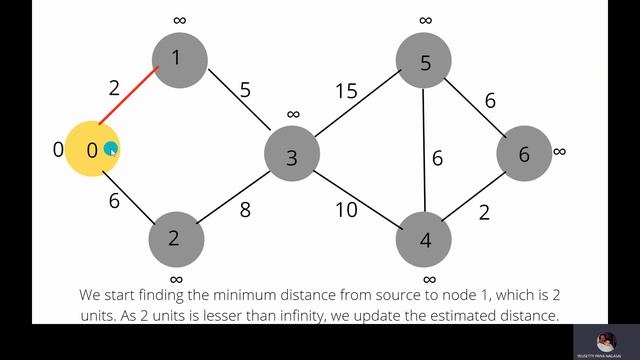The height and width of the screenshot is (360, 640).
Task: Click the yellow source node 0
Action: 92,150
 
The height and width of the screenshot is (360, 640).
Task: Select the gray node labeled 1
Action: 180,58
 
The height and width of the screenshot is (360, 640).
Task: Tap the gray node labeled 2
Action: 176,238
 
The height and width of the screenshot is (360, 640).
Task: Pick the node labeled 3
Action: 292,157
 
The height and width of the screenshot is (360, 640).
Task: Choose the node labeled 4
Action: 425,240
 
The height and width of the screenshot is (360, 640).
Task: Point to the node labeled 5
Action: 424,63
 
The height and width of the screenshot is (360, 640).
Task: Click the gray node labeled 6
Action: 524,154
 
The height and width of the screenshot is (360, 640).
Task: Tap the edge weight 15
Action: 346,92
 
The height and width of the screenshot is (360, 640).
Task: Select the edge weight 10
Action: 345,209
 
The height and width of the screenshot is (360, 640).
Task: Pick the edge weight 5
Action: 245,90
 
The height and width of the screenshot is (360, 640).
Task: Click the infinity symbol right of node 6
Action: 559,151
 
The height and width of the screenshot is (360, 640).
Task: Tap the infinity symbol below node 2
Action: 176,279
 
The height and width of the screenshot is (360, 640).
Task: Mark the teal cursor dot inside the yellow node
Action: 111,150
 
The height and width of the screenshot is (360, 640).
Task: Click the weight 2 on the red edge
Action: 115,88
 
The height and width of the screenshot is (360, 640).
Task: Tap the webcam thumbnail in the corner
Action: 605,340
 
